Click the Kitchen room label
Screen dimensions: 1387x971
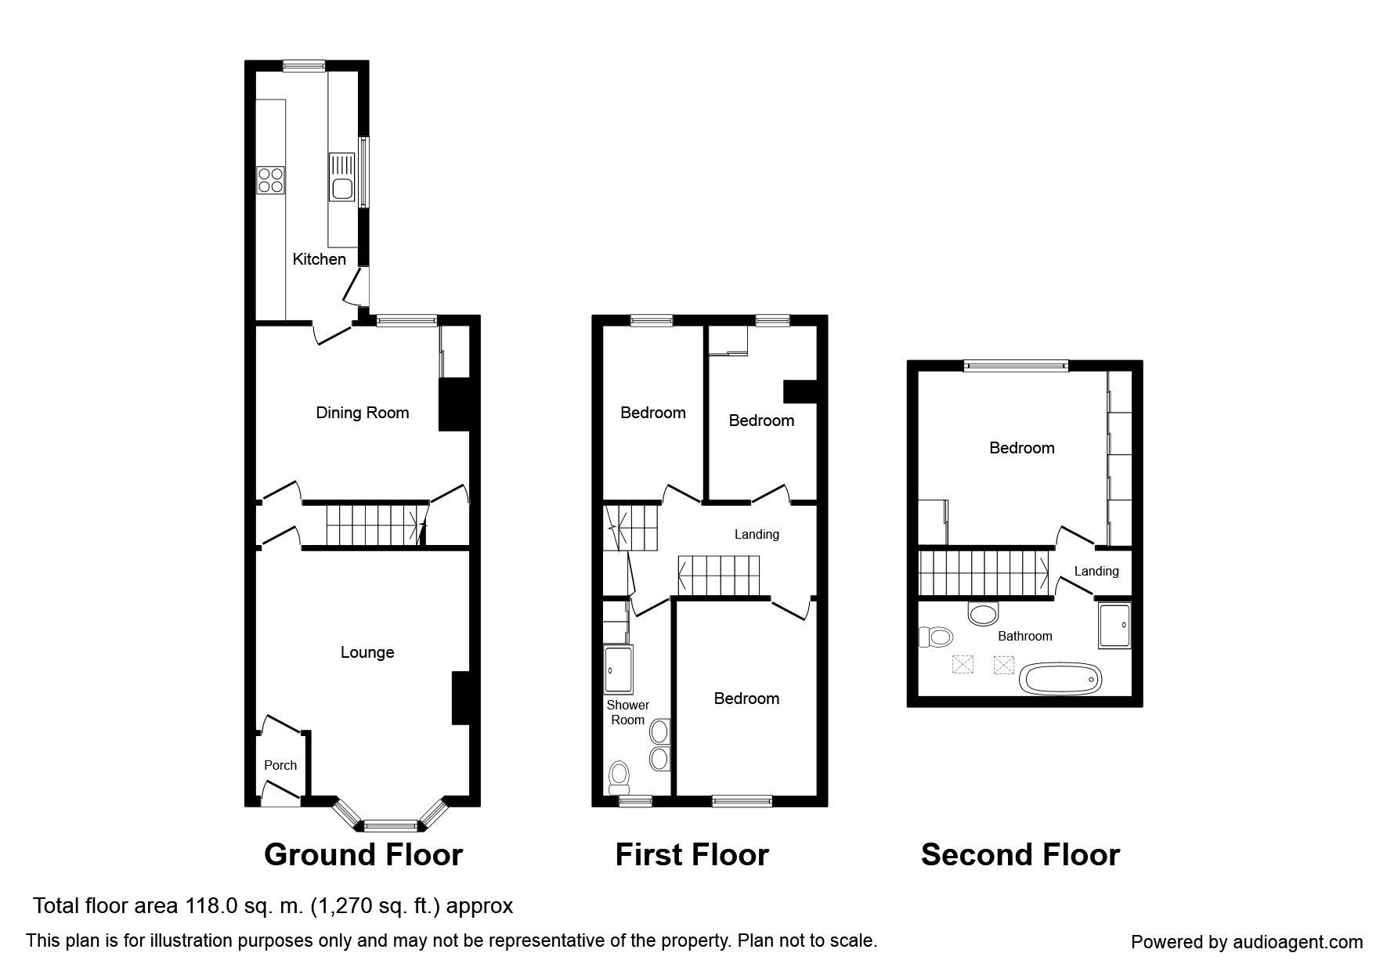[x=319, y=259]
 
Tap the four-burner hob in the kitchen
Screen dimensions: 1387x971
[x=270, y=180]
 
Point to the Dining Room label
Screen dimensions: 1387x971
[x=362, y=413]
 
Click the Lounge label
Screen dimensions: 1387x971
[x=367, y=652]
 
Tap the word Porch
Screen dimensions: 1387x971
[x=280, y=765]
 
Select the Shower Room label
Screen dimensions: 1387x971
[x=627, y=713]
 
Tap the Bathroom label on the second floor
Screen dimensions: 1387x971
[x=1025, y=636]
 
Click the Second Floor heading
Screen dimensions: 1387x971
[x=1020, y=854]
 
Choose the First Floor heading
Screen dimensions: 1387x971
[x=692, y=854]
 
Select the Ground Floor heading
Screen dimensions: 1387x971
[x=363, y=854]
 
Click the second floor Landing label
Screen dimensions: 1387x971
[x=1096, y=571]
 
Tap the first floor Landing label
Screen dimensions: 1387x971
[x=757, y=534]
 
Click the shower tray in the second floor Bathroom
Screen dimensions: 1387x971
[x=1115, y=626]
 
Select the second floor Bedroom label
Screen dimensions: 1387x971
[x=1022, y=448]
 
